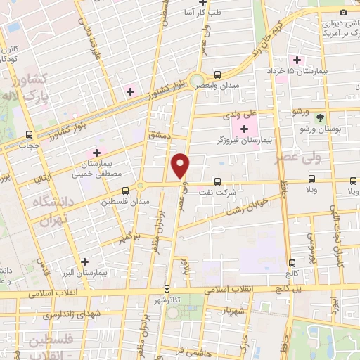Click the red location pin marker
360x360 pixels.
click(181, 165)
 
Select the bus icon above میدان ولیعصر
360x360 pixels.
click(217, 75)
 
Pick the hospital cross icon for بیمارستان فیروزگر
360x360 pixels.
click(244, 129)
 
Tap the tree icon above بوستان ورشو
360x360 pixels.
click(321, 117)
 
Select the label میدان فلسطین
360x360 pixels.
click(126, 202)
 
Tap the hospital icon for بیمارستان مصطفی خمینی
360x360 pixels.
click(97, 153)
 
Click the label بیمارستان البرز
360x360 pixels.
click(90, 271)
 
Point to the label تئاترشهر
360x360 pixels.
click(167, 300)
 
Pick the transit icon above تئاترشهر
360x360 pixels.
click(167, 288)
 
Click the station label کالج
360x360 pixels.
click(292, 273)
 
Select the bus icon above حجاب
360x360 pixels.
click(29, 134)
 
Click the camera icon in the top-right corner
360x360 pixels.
click(343, 12)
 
